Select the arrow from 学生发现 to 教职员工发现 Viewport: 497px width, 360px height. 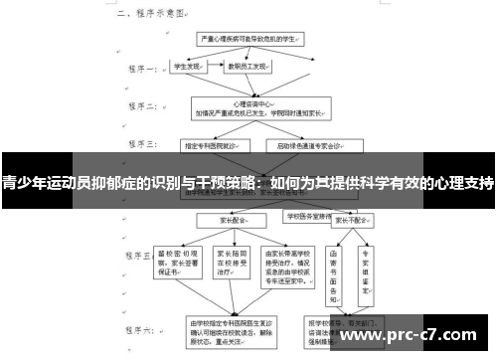pyautogui.click(x=213, y=68)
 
